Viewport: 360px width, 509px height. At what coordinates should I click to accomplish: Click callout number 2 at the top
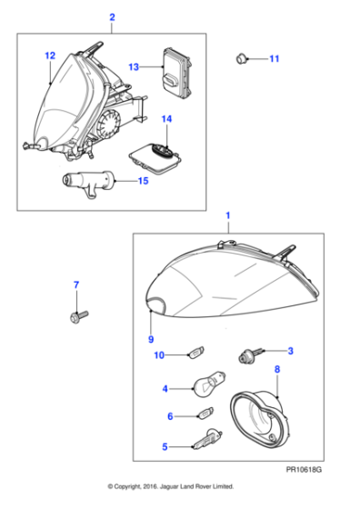coord(112,16)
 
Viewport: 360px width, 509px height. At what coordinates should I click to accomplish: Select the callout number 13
coord(134,66)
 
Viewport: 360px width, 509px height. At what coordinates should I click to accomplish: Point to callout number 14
coord(166,119)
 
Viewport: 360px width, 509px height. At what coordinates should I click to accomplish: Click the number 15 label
coord(143,181)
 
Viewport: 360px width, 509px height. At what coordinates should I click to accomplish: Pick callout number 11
coord(275,59)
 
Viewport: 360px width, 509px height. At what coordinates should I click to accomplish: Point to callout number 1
coord(227,218)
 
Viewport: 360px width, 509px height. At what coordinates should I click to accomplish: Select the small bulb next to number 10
coord(195,354)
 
